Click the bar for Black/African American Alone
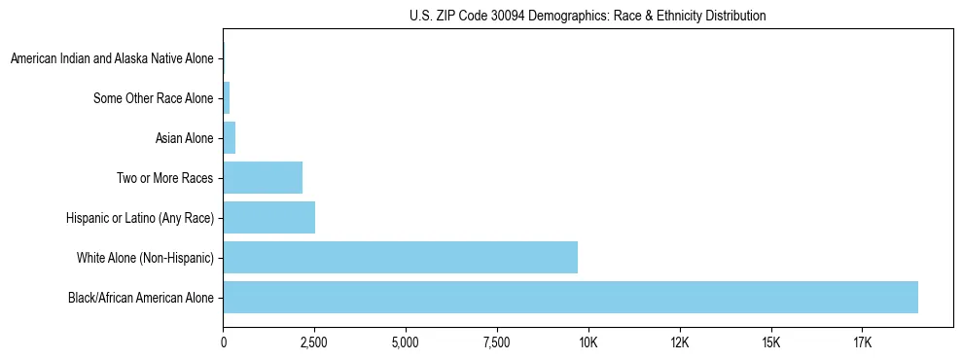point(570,297)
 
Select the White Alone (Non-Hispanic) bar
point(400,257)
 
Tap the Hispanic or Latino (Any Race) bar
point(268,217)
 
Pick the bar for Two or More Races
point(263,177)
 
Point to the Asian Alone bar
point(230,137)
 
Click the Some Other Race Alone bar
point(227,97)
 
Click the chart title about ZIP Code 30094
point(588,16)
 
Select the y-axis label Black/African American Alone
point(141,298)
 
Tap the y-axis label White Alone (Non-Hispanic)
point(145,258)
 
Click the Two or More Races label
point(164,178)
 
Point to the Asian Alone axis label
point(184,138)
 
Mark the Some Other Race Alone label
point(153,98)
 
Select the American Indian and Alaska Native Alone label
point(112,58)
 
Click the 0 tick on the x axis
point(224,342)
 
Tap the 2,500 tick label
point(314,342)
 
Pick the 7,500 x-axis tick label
point(497,342)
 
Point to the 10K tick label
point(588,342)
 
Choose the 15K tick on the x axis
point(771,342)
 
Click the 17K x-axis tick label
point(863,342)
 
